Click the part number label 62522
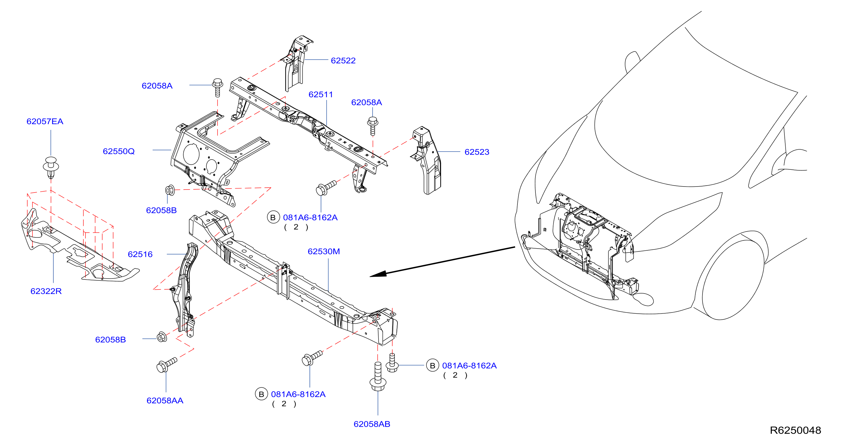coord(343,61)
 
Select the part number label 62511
coord(321,94)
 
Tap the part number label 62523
coord(477,152)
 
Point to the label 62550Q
coord(119,151)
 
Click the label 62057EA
coord(45,122)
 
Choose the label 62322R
coord(46,291)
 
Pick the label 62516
coord(140,255)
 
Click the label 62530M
coord(324,252)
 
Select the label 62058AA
coord(165,401)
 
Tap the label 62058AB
coord(372,424)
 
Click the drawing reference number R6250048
coord(795,430)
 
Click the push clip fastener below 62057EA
coord(51,168)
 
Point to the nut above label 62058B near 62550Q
coord(170,190)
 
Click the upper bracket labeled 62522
coord(296,63)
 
